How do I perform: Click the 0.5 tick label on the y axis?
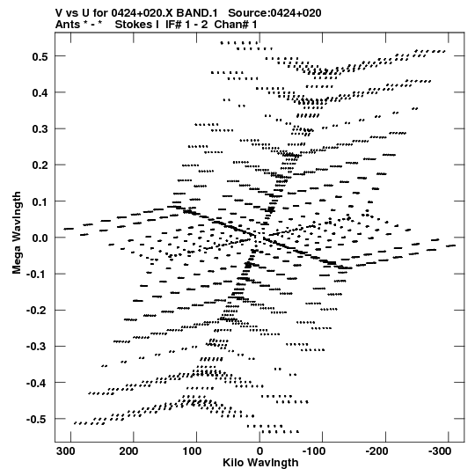(40, 56)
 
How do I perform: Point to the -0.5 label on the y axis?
(37, 419)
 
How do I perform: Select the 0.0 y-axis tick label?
(40, 238)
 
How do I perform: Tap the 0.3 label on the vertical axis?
(40, 129)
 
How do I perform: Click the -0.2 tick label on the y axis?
(37, 311)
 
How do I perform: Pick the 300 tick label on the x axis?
(66, 451)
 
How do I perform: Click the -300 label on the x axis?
(440, 451)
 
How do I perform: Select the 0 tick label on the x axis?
(259, 451)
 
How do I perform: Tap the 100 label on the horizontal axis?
(192, 451)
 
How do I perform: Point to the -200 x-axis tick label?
(376, 451)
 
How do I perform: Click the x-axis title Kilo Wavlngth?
(260, 462)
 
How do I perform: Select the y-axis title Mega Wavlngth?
(17, 233)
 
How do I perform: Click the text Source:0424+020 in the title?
(274, 13)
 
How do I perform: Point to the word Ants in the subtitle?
(68, 25)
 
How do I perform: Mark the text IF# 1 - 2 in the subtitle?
(186, 25)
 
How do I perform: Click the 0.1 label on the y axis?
(40, 201)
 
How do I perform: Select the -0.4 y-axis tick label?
(37, 383)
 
